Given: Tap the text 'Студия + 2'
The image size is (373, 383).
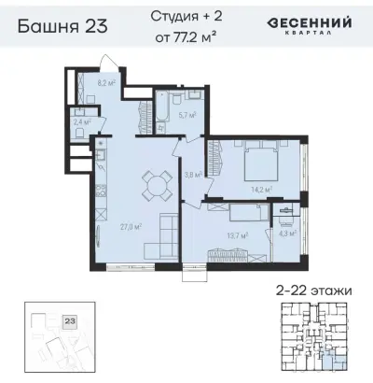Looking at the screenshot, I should pos(186,16).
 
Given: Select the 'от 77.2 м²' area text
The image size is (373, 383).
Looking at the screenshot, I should pos(186,38).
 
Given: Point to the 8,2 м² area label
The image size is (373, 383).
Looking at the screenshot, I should pos(106,83).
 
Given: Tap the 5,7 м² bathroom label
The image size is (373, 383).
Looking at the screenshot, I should pos(186,116).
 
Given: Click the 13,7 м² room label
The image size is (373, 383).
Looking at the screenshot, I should pos(237,236).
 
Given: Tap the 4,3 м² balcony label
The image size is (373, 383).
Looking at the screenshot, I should pos(287,233).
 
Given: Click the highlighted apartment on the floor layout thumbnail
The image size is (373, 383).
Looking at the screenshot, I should pos(334,358).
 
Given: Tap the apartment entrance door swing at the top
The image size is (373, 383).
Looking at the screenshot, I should pos(111,63).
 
